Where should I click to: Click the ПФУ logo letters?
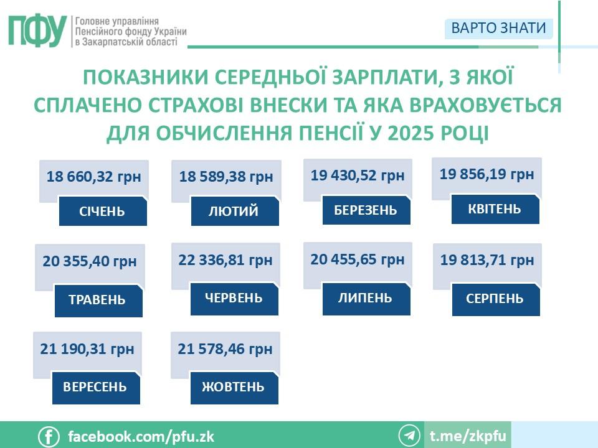click(x=37, y=31)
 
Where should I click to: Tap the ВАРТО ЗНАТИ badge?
click(x=498, y=28)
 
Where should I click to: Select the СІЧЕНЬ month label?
click(x=102, y=212)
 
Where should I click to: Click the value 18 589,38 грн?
click(x=226, y=177)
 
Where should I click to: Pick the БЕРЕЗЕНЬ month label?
click(x=366, y=210)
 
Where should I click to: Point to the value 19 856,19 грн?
click(x=486, y=174)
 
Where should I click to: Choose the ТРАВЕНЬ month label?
click(x=98, y=300)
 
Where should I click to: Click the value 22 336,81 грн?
click(x=225, y=260)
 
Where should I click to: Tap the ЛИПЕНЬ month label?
click(x=366, y=298)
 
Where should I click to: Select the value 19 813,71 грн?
click(x=487, y=260)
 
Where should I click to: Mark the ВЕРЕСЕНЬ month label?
click(x=95, y=387)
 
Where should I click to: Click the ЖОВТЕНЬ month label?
click(x=234, y=387)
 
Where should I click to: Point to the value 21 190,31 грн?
click(x=87, y=349)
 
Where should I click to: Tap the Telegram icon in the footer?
click(x=410, y=436)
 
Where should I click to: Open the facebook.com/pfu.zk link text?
click(x=141, y=436)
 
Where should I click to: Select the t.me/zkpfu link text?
click(x=468, y=436)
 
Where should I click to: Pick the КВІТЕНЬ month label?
click(x=495, y=209)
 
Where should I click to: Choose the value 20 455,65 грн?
click(x=358, y=259)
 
